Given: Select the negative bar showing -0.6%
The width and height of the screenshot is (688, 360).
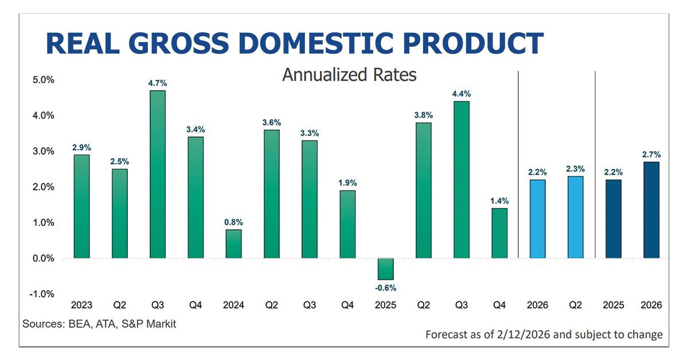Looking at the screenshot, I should (385, 269).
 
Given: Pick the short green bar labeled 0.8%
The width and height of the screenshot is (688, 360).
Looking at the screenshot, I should (233, 244).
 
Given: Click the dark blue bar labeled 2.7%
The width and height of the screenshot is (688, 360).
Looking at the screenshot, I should (651, 210).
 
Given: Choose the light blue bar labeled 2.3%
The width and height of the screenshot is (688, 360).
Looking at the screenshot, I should (576, 217).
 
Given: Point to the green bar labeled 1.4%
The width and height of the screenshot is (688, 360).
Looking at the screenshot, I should (499, 233).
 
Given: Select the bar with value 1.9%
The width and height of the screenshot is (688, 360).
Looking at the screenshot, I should (347, 224).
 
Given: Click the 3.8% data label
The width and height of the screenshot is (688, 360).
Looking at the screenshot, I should (424, 114).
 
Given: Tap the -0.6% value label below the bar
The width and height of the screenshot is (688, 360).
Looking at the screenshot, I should (385, 288).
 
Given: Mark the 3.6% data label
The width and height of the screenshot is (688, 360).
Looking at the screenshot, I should (271, 122).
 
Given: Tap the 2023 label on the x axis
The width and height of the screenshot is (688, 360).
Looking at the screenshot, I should (81, 306).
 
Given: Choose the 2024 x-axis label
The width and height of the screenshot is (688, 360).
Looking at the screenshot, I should (233, 306).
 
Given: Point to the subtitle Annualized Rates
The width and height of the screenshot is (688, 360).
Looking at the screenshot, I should (349, 75).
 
